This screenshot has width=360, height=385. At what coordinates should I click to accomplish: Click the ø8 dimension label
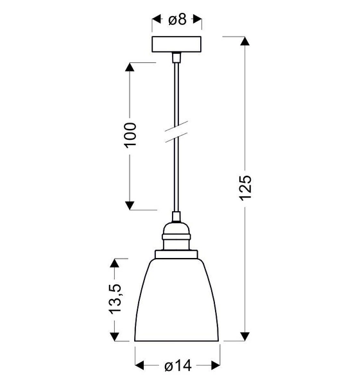point(177,20)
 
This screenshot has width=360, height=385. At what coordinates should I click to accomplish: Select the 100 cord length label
point(130,135)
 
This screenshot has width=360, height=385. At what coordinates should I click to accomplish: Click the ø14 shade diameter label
point(177,366)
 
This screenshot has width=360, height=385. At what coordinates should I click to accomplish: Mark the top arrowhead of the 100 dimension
point(130,67)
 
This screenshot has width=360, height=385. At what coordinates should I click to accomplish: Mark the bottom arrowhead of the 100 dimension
point(130,205)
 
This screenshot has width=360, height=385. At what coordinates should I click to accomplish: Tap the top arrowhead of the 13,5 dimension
point(116,263)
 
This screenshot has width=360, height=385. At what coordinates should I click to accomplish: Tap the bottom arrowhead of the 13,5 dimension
point(116,336)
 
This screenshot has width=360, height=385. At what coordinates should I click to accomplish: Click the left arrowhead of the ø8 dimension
point(156,20)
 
